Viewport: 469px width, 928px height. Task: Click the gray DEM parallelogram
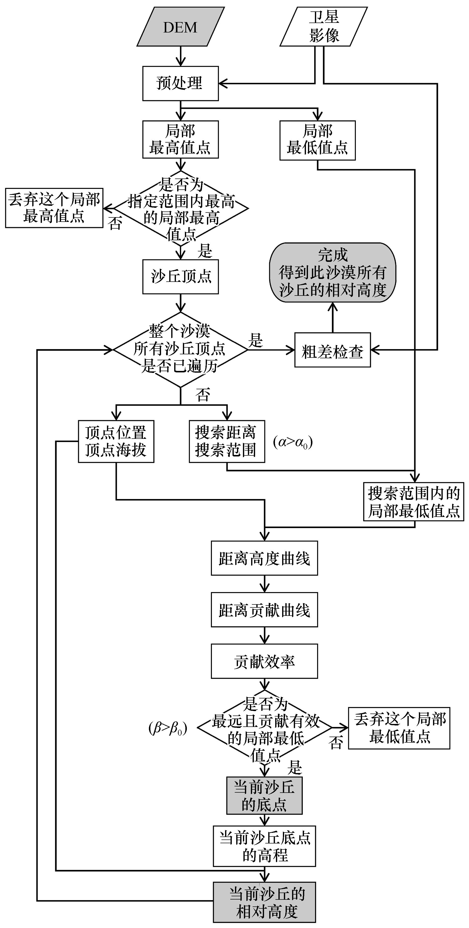point(180,27)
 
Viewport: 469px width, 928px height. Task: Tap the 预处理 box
point(180,83)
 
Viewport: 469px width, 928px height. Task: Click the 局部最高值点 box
point(180,139)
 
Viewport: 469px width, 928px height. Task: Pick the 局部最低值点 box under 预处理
point(317,140)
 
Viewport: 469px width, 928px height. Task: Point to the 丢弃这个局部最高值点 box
point(54,208)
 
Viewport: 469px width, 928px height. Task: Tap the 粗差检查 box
point(332,350)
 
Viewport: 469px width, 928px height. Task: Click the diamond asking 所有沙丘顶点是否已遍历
point(180,349)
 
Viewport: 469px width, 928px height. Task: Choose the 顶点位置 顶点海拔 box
point(116,441)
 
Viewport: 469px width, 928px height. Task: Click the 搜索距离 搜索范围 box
point(227,441)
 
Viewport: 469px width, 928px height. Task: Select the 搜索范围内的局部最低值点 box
point(413,502)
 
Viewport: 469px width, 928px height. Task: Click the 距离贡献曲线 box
point(264,610)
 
